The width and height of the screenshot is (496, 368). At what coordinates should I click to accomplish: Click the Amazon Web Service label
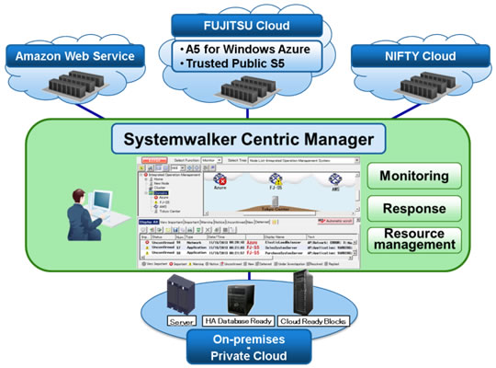pyautogui.click(x=75, y=57)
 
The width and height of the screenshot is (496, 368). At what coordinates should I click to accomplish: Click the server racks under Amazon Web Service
pyautogui.click(x=75, y=90)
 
